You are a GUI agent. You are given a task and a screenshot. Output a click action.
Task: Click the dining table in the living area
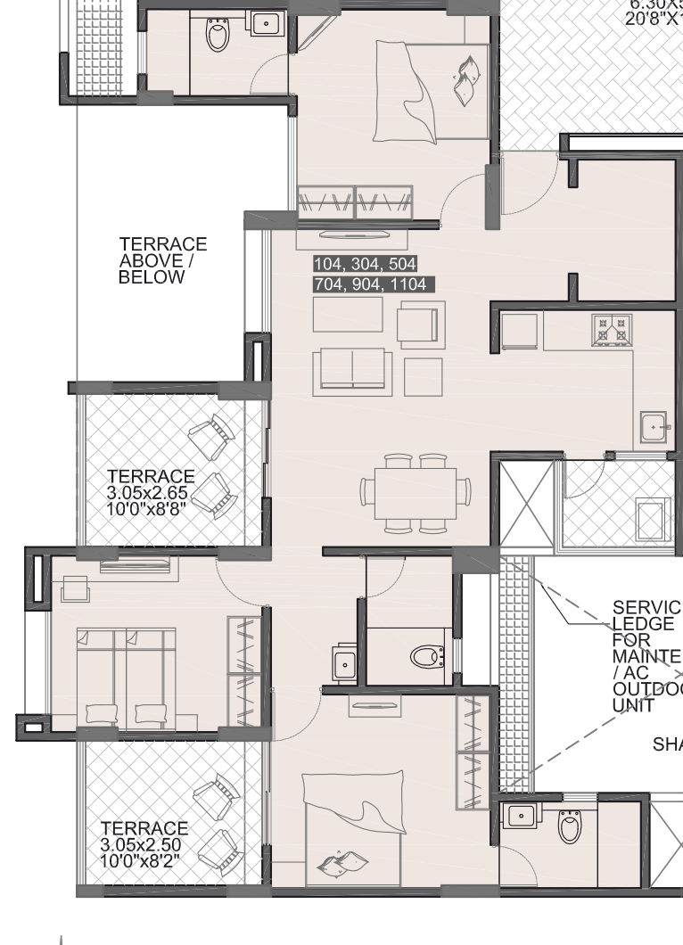(x=416, y=491)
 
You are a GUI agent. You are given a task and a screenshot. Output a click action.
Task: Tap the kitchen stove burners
(x=611, y=329)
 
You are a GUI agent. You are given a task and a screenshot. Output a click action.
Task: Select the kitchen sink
(x=654, y=427)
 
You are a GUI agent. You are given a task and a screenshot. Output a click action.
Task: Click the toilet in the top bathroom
(x=218, y=36)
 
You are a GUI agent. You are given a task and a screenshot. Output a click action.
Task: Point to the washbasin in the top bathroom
(x=265, y=23)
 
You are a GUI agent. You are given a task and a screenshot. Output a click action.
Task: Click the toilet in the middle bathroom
(x=425, y=657)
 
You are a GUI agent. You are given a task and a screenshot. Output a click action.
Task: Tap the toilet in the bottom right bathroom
(x=569, y=826)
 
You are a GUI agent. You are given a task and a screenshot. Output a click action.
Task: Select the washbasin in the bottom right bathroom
(x=519, y=816)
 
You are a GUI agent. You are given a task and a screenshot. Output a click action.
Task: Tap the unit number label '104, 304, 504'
(x=366, y=264)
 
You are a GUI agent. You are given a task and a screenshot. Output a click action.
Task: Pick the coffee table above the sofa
(x=348, y=314)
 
